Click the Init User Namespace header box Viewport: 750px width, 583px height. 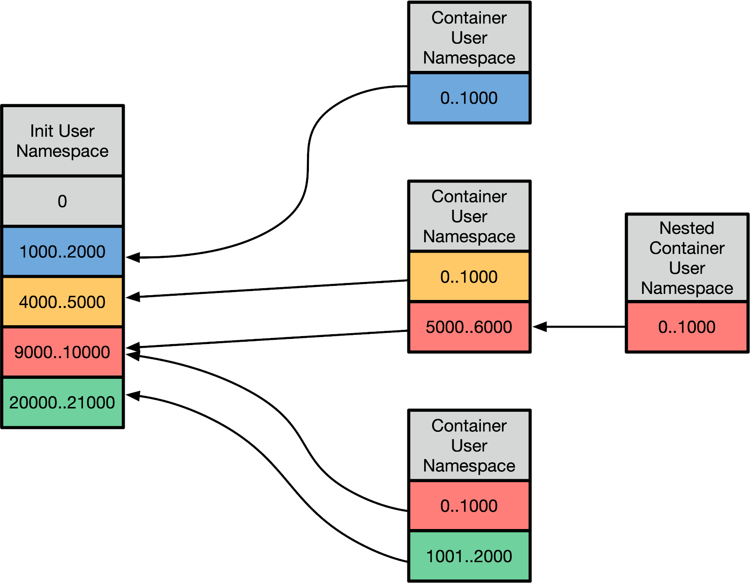click(62, 141)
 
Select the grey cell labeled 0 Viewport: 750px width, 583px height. click(62, 201)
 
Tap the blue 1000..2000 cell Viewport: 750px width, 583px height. click(62, 252)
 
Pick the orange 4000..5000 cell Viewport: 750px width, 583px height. click(62, 302)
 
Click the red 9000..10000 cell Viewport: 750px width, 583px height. click(62, 352)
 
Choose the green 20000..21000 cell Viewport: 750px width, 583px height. click(62, 402)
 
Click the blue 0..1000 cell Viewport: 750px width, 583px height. click(469, 98)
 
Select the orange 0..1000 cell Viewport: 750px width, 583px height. click(469, 277)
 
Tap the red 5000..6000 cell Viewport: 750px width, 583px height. click(469, 327)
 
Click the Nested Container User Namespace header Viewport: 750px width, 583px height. click(687, 258)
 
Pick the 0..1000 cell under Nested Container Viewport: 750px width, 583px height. click(687, 327)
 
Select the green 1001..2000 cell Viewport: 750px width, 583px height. click(469, 556)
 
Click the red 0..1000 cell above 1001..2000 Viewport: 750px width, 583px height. click(469, 506)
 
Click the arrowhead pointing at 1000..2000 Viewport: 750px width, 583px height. click(133, 257)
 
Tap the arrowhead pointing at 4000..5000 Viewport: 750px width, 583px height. click(133, 297)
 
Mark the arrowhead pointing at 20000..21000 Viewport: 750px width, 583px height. click(133, 396)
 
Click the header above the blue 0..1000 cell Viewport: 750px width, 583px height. click(469, 38)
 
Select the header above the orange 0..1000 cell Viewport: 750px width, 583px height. click(469, 216)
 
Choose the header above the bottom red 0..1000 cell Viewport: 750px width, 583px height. click(469, 445)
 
